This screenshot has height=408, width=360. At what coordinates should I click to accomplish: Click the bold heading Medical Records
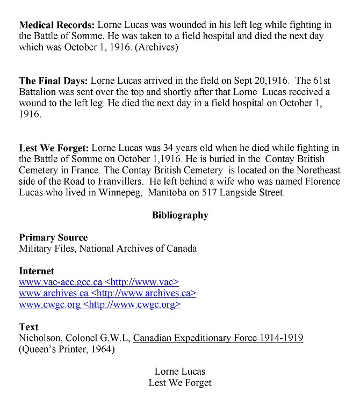57,25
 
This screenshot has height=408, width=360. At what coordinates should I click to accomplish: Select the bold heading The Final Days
53,81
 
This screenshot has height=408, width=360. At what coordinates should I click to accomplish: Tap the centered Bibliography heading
180,215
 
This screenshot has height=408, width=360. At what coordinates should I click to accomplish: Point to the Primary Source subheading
53,237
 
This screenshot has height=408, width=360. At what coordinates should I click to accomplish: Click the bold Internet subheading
37,271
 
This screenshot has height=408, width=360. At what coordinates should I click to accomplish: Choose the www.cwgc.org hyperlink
49,305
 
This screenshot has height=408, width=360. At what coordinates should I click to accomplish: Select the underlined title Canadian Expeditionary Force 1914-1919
218,338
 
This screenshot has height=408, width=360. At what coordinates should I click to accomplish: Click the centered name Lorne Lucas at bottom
180,371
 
